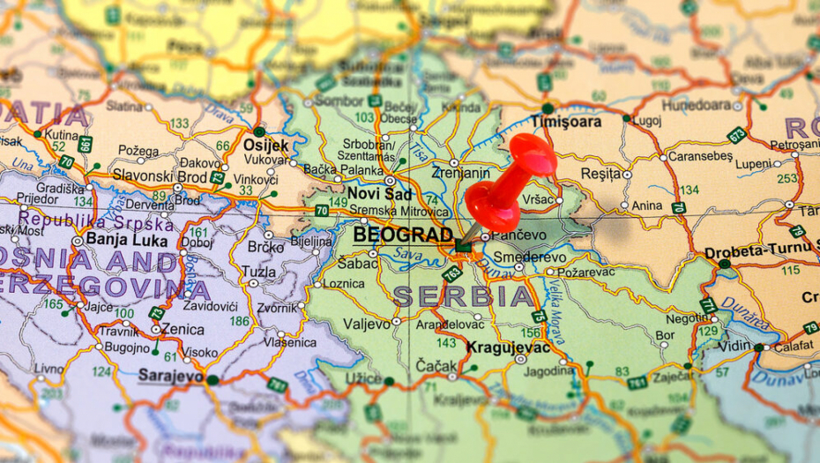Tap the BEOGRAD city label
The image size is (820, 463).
(404, 235)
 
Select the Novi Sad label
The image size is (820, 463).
(379, 192)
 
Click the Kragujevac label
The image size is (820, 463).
(508, 347)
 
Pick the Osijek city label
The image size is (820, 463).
(265, 145)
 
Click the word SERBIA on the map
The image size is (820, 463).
(464, 295)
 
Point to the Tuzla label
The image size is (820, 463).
(258, 272)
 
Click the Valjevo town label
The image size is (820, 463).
(366, 324)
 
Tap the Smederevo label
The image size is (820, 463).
(530, 258)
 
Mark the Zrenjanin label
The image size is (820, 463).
(461, 173)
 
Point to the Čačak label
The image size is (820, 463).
(437, 365)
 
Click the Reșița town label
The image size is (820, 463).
(601, 174)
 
